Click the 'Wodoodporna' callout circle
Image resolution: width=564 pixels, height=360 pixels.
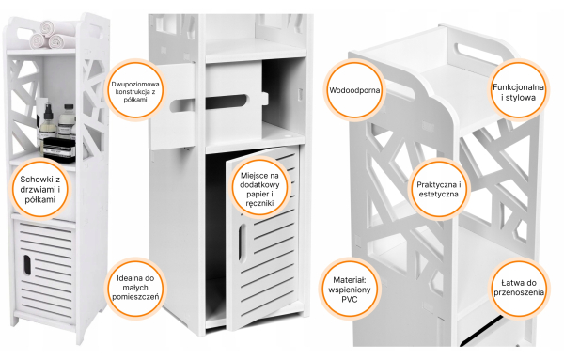(x=354, y=90)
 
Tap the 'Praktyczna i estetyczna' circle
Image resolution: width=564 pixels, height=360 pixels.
(x=438, y=188)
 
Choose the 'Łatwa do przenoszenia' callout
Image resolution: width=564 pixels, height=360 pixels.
(x=519, y=288)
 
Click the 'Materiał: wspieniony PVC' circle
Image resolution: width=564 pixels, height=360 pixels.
(x=350, y=289)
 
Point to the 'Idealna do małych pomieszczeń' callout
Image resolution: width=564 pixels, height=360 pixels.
(x=135, y=288)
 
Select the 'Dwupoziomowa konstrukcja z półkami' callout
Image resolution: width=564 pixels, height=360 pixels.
(x=134, y=90)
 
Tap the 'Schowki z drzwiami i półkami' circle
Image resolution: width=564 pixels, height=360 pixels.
(x=39, y=188)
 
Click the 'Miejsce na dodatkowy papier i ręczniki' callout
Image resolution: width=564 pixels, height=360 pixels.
(x=259, y=188)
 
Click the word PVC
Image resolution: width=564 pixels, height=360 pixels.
(x=350, y=299)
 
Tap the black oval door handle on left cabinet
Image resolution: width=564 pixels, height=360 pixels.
(x=26, y=265)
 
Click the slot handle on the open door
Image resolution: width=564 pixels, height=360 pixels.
(x=242, y=243)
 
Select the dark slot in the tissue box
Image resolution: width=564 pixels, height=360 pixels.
(x=227, y=102)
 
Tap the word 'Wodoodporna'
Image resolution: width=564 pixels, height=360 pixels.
(x=354, y=90)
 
